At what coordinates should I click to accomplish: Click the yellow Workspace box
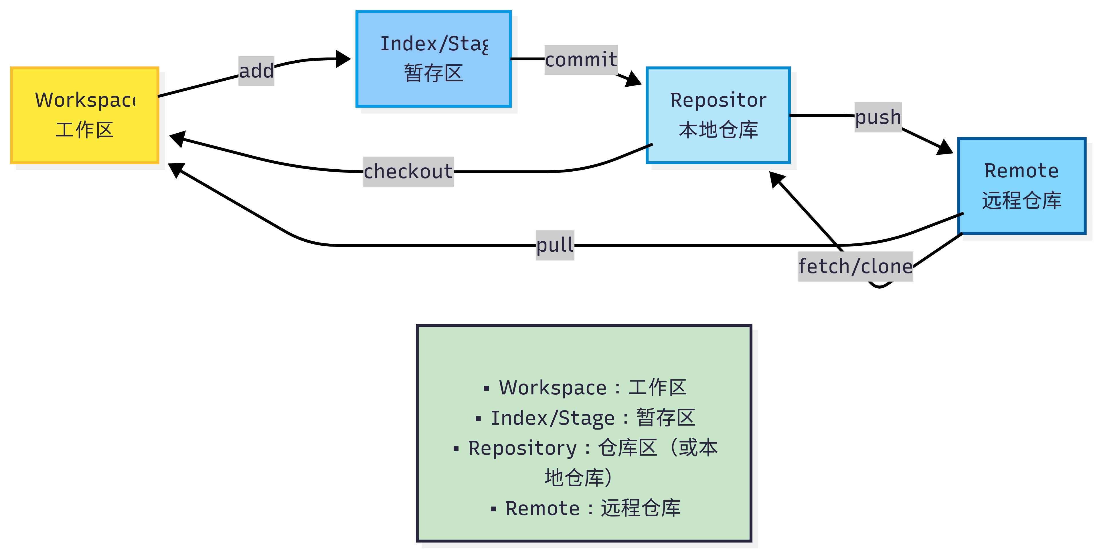coord(84,115)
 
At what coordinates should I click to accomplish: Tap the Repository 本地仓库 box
coord(718,115)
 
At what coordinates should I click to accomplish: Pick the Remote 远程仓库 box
coord(1021,186)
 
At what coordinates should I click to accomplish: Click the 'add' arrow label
coord(256,71)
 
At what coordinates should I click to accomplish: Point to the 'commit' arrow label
coord(581,60)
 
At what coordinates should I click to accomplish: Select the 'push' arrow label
coord(878,117)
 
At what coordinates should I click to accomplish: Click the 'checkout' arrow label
coord(408,171)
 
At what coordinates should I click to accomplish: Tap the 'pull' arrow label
coord(555,245)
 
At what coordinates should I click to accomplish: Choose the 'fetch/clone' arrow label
coord(855,267)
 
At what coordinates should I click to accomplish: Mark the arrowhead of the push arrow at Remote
coord(945,148)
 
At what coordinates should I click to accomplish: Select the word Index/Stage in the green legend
coord(552,418)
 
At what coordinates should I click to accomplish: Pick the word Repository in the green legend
coord(522,448)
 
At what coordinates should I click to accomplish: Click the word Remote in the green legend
coord(542,508)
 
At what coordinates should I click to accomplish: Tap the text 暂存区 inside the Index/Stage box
coord(434,73)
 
